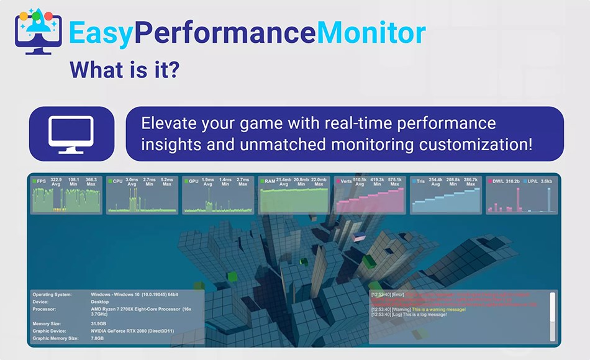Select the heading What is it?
(x=124, y=69)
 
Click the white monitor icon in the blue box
(x=71, y=133)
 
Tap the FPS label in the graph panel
(x=42, y=181)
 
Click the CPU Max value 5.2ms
(x=166, y=181)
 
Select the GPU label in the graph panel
(x=193, y=181)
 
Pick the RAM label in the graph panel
(x=270, y=181)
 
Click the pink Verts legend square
(x=338, y=182)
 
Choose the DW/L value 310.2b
(x=512, y=181)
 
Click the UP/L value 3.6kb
(x=547, y=181)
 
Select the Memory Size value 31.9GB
(x=99, y=323)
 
